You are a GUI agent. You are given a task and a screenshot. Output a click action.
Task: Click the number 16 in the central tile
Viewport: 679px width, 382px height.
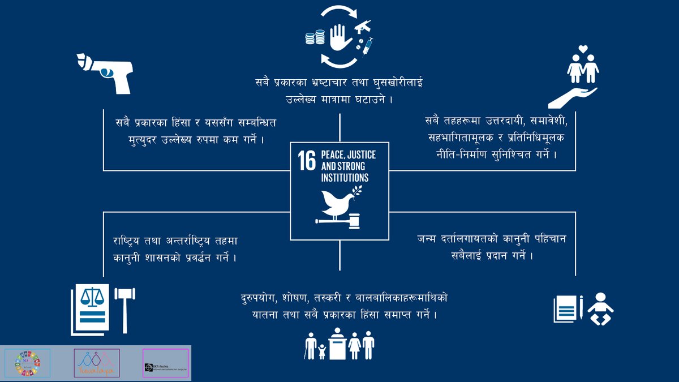(x=307, y=161)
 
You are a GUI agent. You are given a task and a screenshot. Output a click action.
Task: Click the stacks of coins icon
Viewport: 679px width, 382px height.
(x=313, y=38)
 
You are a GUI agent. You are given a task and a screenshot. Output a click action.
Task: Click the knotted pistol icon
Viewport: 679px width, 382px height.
(x=105, y=72)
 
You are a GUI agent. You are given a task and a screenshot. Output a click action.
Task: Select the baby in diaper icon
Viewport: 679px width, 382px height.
(x=600, y=309)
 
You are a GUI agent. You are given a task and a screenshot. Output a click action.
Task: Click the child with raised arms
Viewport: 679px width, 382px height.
(x=322, y=351)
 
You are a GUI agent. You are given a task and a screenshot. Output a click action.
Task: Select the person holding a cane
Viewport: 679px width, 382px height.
(x=310, y=345)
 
